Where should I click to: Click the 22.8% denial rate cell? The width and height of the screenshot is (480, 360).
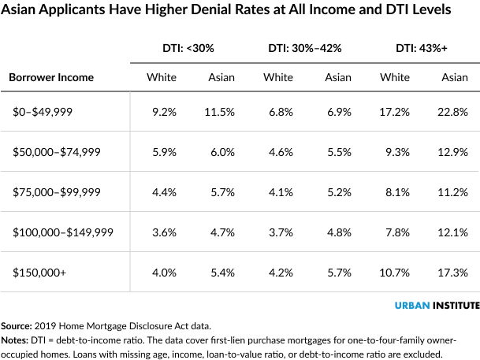point(455,113)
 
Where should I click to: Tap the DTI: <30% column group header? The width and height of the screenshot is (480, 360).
point(182,48)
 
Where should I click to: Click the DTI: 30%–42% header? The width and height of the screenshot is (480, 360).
point(303,48)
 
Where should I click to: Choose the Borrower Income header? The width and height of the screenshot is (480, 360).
point(50,77)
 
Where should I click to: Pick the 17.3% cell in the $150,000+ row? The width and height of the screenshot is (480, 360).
point(455,273)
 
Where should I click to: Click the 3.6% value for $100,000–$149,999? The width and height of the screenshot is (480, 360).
point(164,233)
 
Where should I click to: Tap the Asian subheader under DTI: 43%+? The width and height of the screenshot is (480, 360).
point(455,77)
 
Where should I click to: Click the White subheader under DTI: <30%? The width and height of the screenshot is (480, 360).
point(162,77)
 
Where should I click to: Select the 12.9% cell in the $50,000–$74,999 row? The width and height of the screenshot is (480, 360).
point(455,153)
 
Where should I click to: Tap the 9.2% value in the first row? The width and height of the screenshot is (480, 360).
point(164,113)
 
